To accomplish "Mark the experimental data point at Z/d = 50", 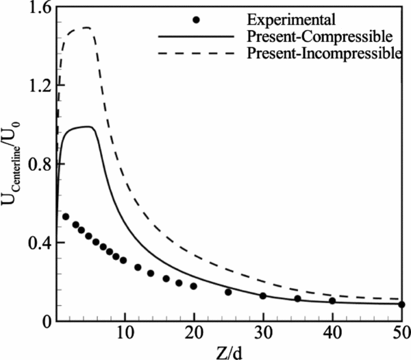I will [401, 304].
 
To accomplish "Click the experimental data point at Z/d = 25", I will [228, 292].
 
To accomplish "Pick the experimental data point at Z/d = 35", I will [297, 298].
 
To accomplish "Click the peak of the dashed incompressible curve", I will [86, 27].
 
